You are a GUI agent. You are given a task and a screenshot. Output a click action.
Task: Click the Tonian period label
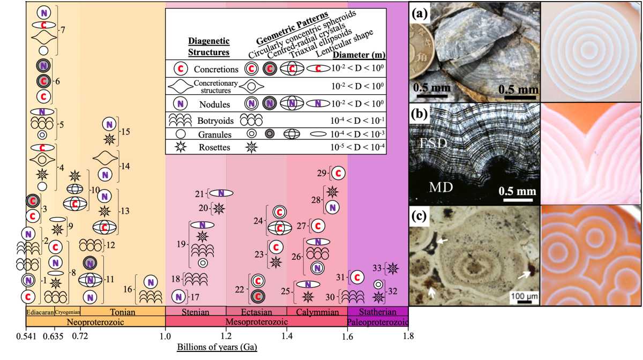coord(122,312)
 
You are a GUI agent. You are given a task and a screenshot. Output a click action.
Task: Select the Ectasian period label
coord(256,312)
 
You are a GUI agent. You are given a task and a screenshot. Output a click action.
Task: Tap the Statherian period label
coord(378,312)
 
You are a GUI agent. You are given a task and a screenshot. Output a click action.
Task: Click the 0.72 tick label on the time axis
coord(79,337)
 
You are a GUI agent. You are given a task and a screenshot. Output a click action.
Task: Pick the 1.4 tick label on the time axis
coord(287,337)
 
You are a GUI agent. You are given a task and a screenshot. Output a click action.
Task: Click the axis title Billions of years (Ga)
coord(217,347)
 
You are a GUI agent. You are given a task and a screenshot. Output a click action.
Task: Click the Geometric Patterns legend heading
coord(284,33)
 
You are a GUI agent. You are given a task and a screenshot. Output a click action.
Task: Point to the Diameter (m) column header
coord(359,55)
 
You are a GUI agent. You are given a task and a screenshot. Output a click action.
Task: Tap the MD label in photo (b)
coord(441,187)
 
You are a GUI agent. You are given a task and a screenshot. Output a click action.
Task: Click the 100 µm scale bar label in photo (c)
coord(520,295)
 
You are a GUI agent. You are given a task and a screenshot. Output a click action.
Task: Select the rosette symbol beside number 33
coord(393,268)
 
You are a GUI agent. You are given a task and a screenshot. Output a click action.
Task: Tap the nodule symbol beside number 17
coord(178,295)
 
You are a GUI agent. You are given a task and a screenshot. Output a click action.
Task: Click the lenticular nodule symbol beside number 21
coord(221,193)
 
